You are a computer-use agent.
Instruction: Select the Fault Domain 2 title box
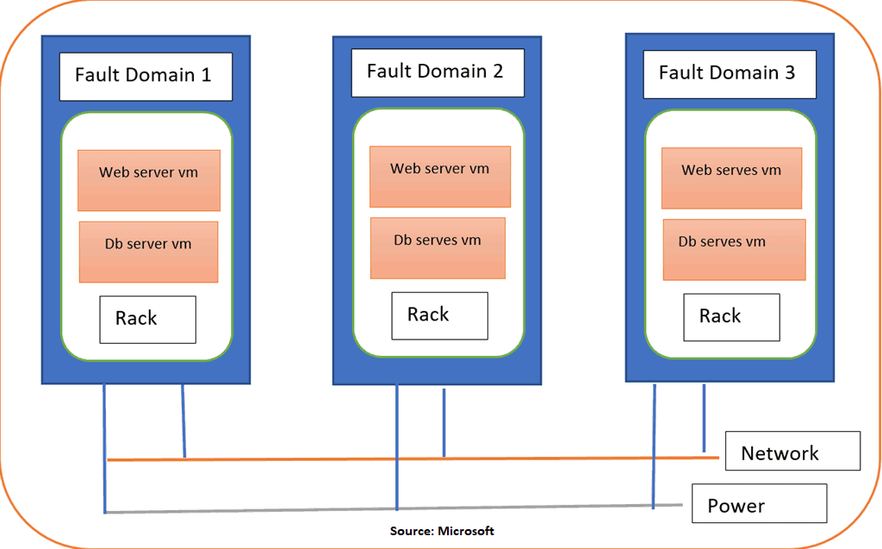437,72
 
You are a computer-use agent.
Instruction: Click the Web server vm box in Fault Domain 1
148,180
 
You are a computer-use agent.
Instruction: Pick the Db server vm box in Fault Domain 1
148,252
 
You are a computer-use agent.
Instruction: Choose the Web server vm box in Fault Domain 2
440,177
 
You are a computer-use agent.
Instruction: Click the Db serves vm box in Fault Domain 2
438,248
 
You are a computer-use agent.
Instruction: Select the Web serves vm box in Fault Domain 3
731,178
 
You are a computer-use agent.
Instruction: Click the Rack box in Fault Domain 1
147,319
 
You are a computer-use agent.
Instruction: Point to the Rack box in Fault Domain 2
439,315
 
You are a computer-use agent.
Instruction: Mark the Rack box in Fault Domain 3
731,317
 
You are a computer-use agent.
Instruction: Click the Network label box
792,451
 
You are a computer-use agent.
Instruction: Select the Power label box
759,503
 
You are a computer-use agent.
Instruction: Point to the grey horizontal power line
301,510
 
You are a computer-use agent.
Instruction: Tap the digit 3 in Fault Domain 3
790,72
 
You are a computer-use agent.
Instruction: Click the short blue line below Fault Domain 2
444,422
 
